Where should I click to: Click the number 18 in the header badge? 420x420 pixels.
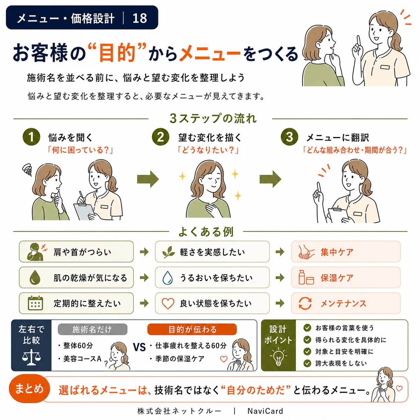pyautogui.click(x=140, y=18)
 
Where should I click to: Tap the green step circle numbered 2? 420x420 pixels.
pyautogui.click(x=160, y=137)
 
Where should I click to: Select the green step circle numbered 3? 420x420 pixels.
pyautogui.click(x=289, y=137)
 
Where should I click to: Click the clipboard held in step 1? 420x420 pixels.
pyautogui.click(x=84, y=211)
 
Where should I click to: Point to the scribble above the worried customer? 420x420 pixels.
pyautogui.click(x=27, y=169)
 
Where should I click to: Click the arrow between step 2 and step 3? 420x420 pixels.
pyautogui.click(x=270, y=179)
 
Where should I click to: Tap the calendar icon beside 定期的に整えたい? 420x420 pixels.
pyautogui.click(x=35, y=303)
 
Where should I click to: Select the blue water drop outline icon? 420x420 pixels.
pyautogui.click(x=167, y=278)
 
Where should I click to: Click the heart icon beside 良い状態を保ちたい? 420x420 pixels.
pyautogui.click(x=167, y=303)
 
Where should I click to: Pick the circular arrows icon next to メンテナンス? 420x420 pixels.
pyautogui.click(x=305, y=303)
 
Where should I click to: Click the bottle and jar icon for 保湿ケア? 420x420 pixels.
pyautogui.click(x=306, y=277)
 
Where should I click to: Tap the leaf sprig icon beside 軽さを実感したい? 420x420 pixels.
pyautogui.click(x=168, y=252)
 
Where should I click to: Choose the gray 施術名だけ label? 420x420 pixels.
pyautogui.click(x=92, y=329)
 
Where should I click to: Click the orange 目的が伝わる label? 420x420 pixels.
pyautogui.click(x=192, y=329)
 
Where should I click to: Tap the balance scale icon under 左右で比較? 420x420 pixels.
pyautogui.click(x=31, y=357)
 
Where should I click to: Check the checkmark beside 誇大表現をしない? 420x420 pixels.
pyautogui.click(x=307, y=363)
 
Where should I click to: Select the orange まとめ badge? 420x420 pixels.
pyautogui.click(x=29, y=389)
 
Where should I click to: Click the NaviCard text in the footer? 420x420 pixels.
pyautogui.click(x=265, y=411)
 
